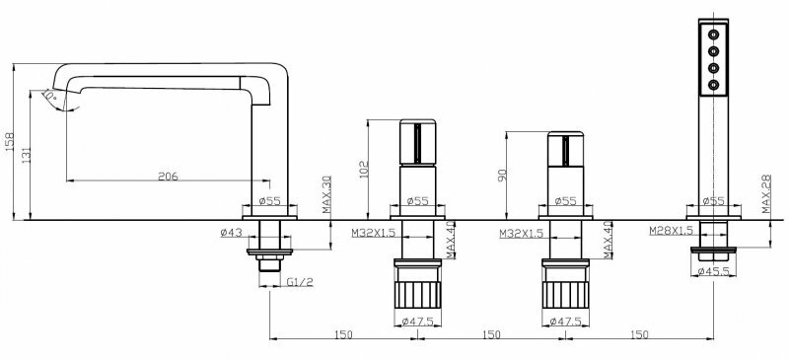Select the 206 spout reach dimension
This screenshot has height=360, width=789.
coord(168,177)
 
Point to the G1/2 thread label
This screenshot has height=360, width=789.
coord(300,282)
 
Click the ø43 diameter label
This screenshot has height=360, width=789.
coord(232,233)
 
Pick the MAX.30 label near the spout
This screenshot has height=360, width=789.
coord(327,194)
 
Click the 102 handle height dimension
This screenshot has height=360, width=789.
coord(364,170)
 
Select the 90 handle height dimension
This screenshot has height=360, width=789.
coord(501,175)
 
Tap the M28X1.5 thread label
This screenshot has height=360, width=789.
coord(671,231)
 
